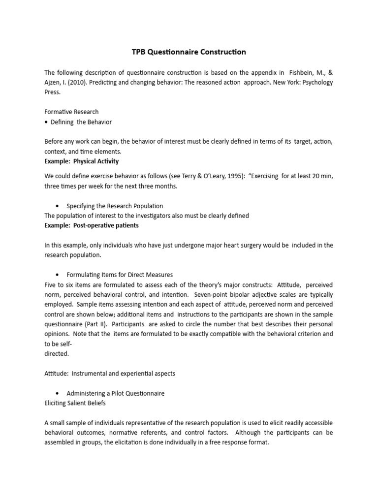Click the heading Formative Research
click(x=71, y=112)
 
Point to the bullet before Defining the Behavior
click(x=46, y=122)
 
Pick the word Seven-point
click(x=211, y=294)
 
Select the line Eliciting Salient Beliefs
click(x=75, y=403)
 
